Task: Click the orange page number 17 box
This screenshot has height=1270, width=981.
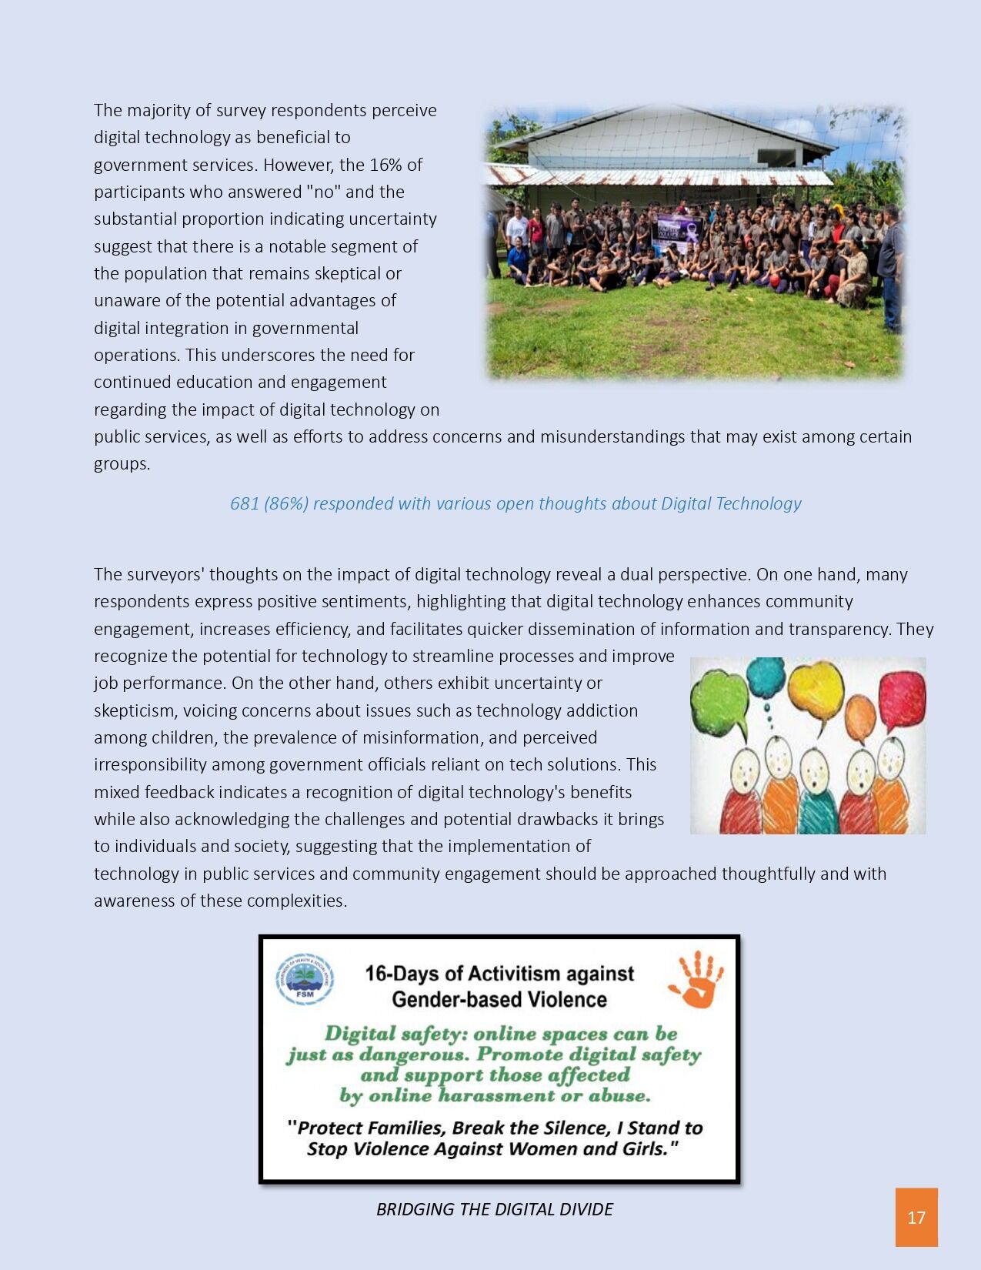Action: pos(916,1217)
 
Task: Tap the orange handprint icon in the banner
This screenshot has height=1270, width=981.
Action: pos(697,979)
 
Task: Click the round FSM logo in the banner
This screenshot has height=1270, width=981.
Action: pos(305,979)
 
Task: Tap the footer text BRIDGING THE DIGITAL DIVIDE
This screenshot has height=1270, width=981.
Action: pos(494,1209)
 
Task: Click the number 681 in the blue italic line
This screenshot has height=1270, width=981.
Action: pos(245,503)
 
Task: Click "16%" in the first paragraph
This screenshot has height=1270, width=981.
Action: pos(385,165)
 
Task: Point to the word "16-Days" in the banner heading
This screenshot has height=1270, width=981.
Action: pos(401,974)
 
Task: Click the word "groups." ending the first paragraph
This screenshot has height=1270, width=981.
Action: pos(122,464)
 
